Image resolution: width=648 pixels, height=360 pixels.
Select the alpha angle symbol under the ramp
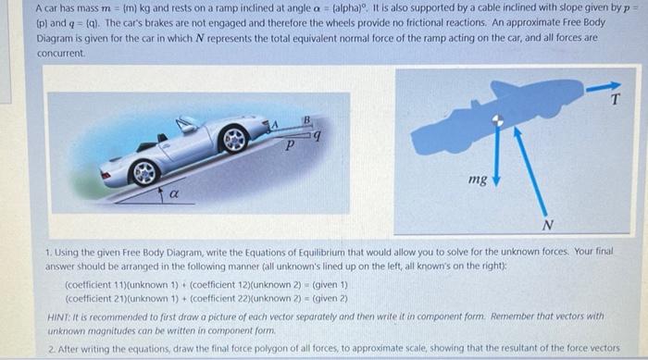coord(174,193)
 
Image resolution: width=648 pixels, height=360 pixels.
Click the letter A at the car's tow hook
coord(274,124)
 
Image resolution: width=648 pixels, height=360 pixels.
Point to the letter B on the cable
coord(306,120)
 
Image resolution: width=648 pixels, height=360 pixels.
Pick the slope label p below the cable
coord(290,144)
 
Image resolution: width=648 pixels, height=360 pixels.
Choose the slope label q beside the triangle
coord(317,134)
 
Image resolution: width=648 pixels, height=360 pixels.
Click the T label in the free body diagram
coord(616,99)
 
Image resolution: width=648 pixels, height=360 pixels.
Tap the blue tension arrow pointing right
coord(603,87)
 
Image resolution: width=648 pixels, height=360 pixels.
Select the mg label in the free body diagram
coord(478,180)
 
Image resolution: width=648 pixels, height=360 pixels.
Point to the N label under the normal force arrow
coord(548,225)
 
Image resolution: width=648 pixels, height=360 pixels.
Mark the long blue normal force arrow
coord(530,171)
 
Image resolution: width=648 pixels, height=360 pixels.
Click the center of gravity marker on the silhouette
coord(498,120)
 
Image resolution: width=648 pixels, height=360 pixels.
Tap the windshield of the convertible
coord(186,124)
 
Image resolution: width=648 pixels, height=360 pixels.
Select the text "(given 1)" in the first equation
coord(330,285)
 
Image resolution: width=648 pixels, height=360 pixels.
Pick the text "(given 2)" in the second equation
coord(330,298)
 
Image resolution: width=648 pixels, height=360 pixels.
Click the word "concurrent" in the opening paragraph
coord(60,54)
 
